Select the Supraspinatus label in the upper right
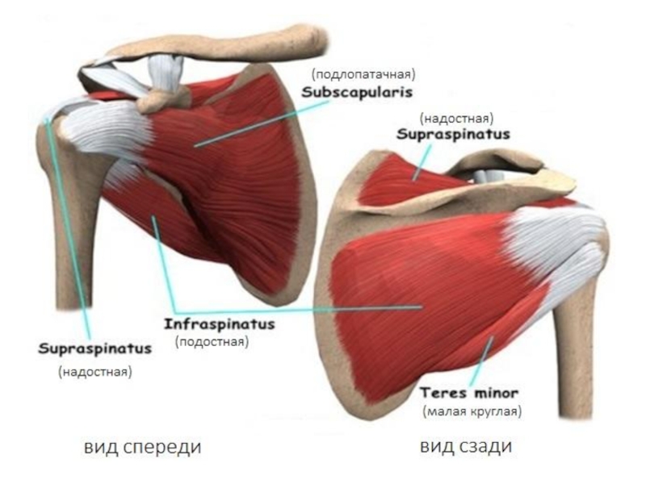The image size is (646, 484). coord(452,135)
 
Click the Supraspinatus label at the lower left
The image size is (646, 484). coord(95,350)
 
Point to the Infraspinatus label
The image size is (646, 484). coord(220,324)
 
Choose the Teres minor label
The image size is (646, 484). coord(469,393)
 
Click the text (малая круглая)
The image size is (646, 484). coord(472,411)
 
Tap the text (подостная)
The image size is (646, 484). coord(211,342)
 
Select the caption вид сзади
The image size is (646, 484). coord(466,446)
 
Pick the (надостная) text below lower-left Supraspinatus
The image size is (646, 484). coord(94,372)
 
